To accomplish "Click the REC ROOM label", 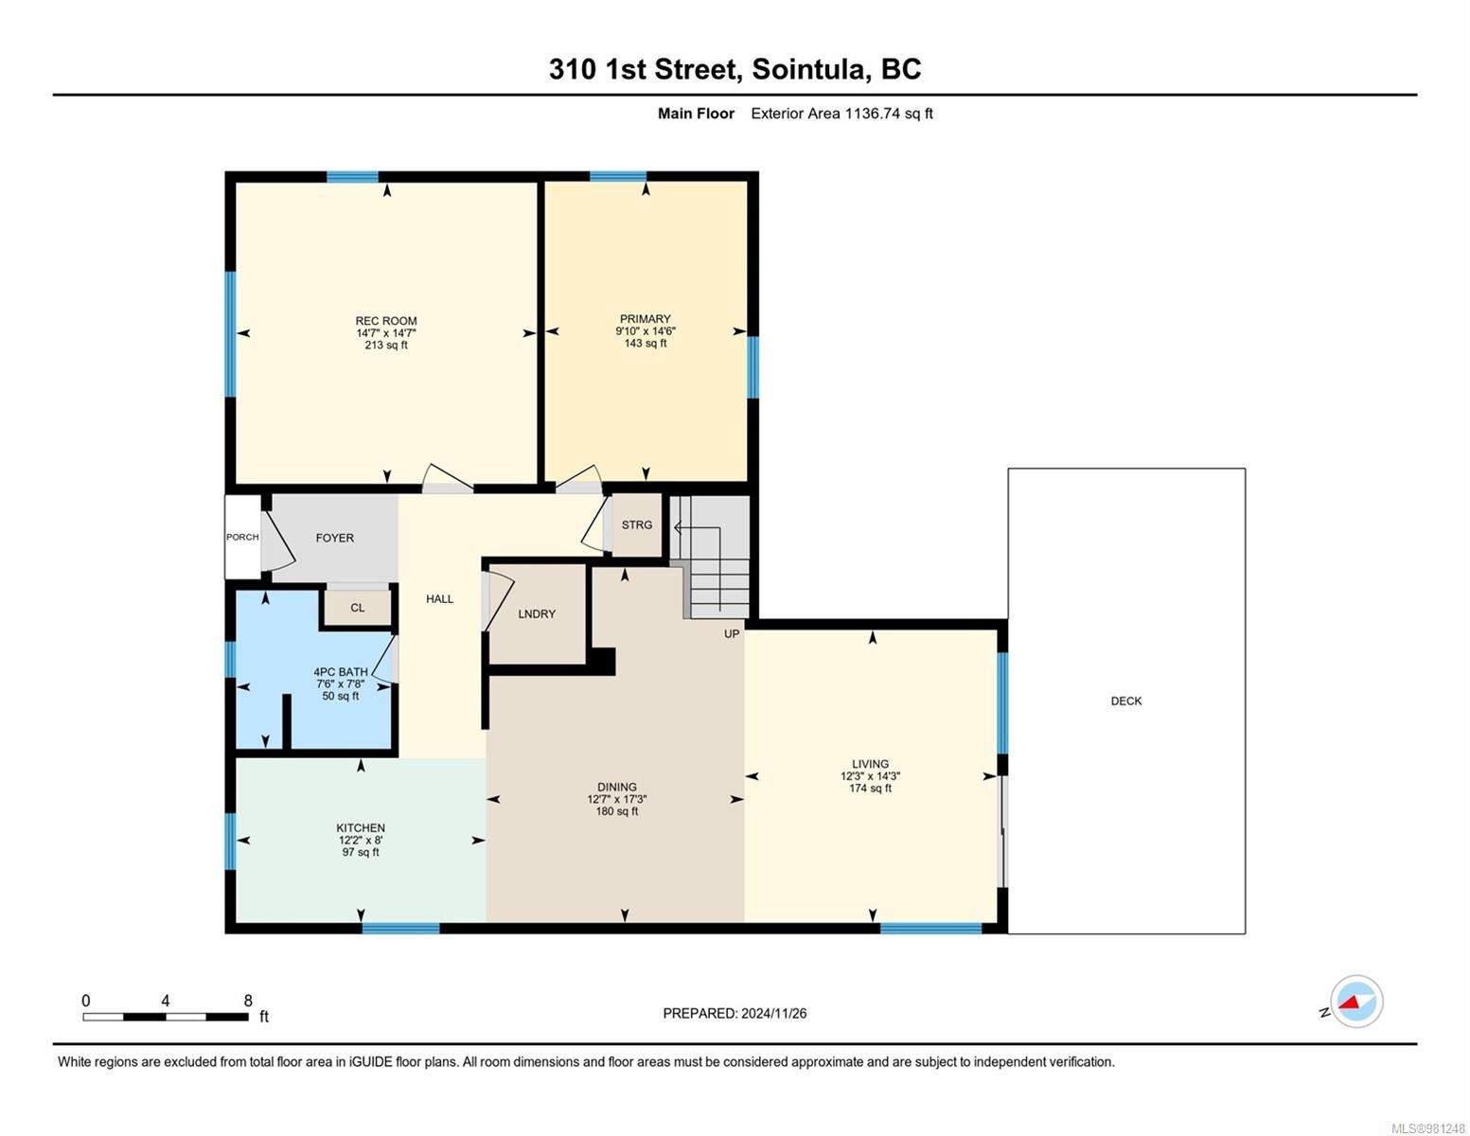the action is [385, 321].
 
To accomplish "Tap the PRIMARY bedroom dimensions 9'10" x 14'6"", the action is [645, 330].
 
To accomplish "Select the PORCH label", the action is [242, 537].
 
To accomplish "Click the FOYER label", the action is [334, 538].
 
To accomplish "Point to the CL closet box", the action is [357, 607].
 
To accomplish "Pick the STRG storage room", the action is [637, 525].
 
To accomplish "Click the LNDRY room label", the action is [537, 613].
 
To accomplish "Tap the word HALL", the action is [439, 599].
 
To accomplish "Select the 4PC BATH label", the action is [340, 672].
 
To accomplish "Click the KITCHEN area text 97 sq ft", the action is [360, 852].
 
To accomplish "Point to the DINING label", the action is [616, 787].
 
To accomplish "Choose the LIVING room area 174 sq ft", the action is [870, 789].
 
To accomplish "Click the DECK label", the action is [1125, 701].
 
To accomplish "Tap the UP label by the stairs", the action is [732, 634].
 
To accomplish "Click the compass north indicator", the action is [1323, 1012].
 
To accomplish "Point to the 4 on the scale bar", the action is [165, 1001].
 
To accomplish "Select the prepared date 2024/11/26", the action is [773, 1013].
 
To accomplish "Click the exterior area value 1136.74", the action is [872, 114].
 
